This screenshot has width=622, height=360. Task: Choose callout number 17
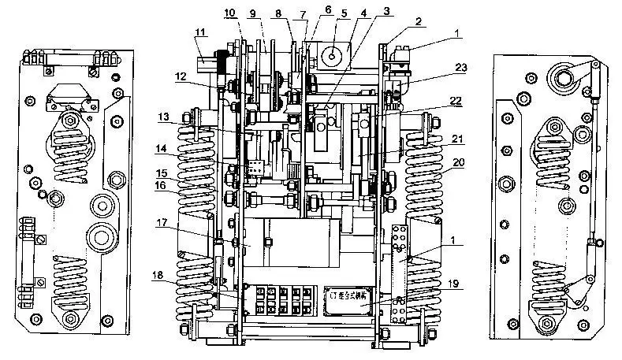point(161,222)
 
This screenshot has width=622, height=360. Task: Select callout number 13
point(162,117)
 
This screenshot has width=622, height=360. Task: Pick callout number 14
point(162,148)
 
